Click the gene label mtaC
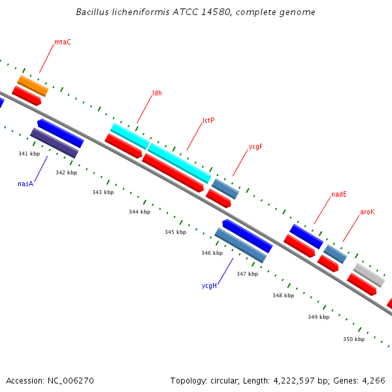(x=63, y=42)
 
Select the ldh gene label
(x=157, y=93)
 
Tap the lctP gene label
(x=208, y=120)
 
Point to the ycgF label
(x=255, y=147)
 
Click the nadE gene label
(x=338, y=194)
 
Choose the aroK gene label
(x=368, y=212)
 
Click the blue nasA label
(x=25, y=184)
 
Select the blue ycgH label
(x=209, y=286)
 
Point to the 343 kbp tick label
(x=103, y=192)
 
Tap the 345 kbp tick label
(x=175, y=232)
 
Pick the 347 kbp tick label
(x=247, y=274)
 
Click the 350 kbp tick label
(x=353, y=339)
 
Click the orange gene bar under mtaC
(x=33, y=86)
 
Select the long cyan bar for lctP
(x=179, y=163)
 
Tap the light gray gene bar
(x=369, y=274)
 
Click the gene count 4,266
(x=374, y=380)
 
